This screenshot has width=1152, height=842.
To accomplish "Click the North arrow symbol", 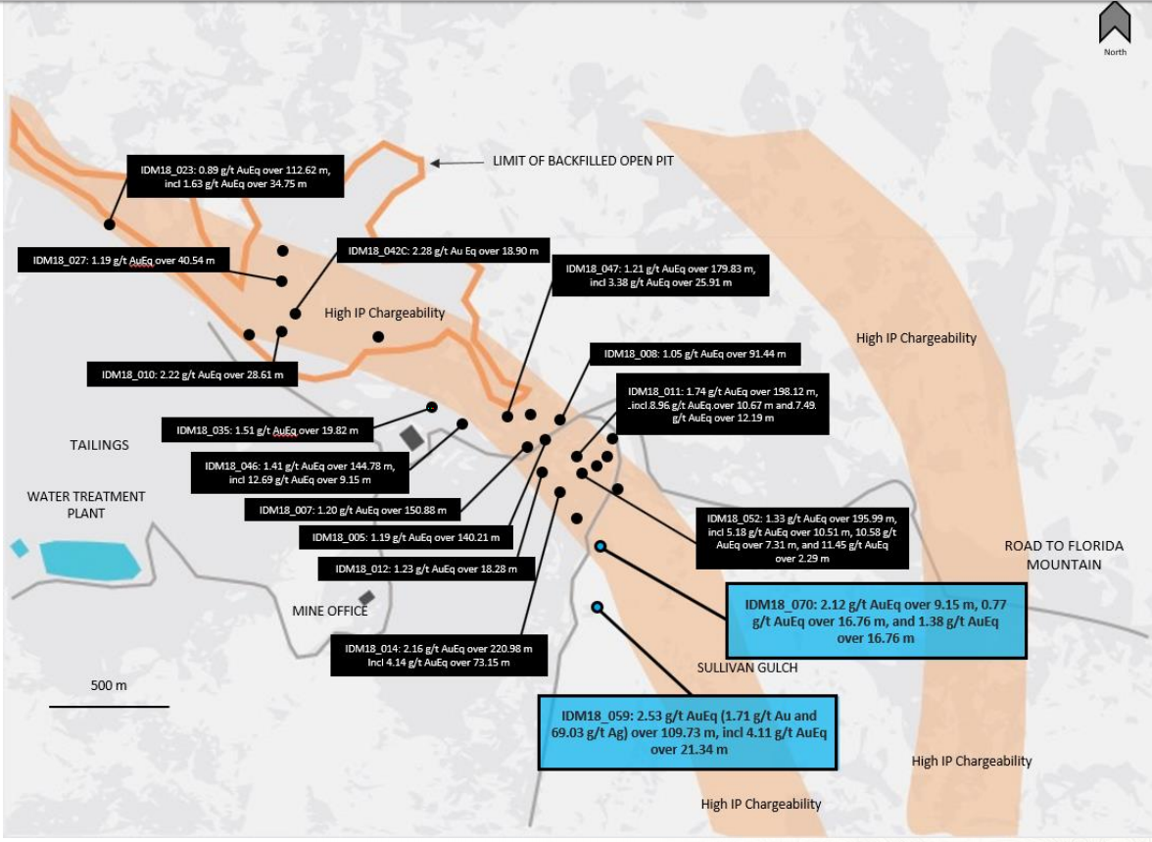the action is pos(1115,24).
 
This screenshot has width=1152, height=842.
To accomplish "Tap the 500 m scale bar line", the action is pos(110,707).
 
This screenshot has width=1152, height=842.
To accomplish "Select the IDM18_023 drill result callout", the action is pos(235,176).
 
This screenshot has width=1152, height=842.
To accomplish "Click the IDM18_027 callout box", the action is pos(123,260).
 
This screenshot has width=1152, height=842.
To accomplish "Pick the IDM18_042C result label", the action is pos(443,251).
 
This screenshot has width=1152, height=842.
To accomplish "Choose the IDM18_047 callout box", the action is pos(660,275).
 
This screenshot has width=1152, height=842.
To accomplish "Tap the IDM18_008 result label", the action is pos(696,354).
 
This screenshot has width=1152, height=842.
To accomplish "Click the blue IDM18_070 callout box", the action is pos(876,620).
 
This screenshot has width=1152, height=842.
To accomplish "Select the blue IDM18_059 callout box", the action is pos(688,732).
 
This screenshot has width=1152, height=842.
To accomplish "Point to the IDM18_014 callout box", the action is pos(439,655).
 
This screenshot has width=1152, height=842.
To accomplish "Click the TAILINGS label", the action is pos(99,445).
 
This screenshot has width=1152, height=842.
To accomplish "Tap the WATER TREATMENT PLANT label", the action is pos(86,505).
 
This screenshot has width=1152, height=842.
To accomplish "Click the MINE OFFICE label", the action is pos(330,611).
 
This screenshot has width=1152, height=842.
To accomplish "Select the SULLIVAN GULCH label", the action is pos(747,668).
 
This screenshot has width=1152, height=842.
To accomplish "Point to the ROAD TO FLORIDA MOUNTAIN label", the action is pos(1064,555).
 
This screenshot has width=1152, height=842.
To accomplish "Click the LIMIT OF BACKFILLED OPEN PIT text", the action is pos(584,161).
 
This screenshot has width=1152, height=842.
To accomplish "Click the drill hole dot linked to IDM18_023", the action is pos(110,224).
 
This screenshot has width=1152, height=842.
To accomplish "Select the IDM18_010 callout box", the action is pos(192,374).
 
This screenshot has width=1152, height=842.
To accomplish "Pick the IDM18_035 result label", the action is pos(267,430).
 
